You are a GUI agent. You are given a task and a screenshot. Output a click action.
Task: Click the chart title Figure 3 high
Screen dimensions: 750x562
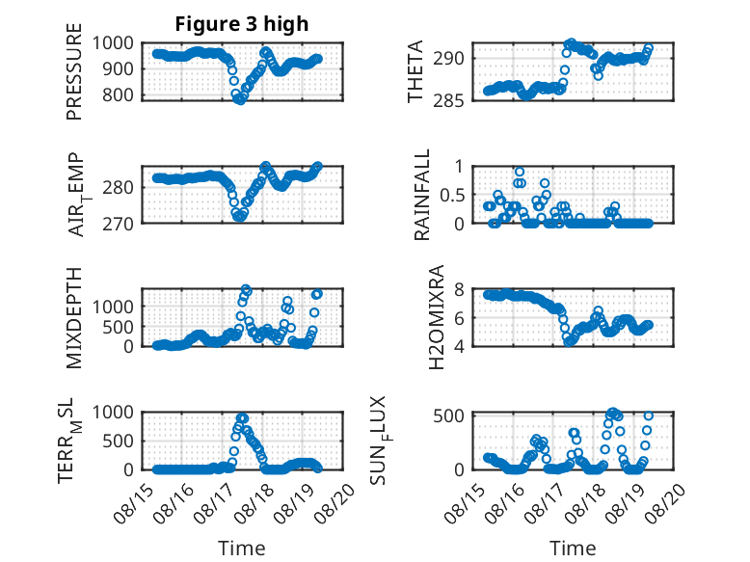[242, 24]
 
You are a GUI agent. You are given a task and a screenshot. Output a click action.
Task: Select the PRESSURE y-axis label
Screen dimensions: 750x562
[74, 71]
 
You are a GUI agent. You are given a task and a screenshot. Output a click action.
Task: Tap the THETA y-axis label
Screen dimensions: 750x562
[415, 71]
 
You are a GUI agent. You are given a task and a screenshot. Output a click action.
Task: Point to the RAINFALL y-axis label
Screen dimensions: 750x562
[422, 195]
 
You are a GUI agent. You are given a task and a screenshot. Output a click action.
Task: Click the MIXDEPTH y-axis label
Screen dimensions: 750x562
[74, 318]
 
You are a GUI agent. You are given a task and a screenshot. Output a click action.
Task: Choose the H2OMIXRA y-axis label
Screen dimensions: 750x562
[437, 317]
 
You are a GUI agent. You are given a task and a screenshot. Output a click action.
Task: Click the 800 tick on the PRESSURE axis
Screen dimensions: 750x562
[120, 94]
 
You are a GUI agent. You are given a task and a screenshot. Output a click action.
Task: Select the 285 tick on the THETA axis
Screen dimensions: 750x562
[449, 100]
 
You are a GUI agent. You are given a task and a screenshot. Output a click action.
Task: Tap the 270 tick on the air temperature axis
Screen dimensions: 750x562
[119, 224]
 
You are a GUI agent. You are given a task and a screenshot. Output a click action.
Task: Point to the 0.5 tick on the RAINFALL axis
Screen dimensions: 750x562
[451, 195]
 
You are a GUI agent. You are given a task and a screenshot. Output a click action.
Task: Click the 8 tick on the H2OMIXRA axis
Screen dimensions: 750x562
[460, 289]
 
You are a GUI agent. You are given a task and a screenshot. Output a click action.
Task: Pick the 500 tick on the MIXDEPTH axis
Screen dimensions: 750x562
[120, 327]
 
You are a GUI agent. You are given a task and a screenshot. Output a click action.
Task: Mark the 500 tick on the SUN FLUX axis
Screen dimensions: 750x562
[449, 415]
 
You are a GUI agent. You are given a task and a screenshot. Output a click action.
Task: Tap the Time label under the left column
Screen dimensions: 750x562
[242, 549]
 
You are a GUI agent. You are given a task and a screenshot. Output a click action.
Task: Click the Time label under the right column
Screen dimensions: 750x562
[573, 549]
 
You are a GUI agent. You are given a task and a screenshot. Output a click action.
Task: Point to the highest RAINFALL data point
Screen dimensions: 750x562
[520, 173]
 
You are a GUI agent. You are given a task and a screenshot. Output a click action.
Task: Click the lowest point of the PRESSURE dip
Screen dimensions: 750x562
[241, 100]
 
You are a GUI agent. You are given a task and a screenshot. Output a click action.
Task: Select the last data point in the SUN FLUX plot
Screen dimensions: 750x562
[649, 415]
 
